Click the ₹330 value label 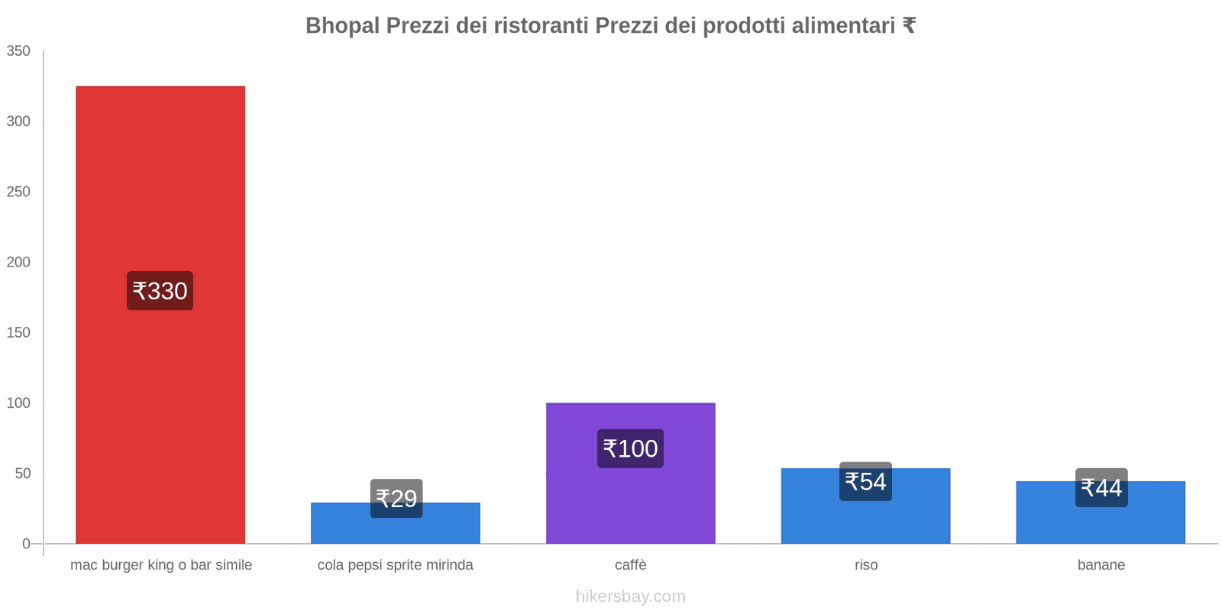tap(160, 291)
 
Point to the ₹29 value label tap(396, 499)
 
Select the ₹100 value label tap(630, 449)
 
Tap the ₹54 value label tap(865, 482)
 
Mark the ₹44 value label tap(1101, 488)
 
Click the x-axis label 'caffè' tap(631, 565)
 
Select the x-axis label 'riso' tap(866, 565)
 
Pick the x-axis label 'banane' tap(1101, 565)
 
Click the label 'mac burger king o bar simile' tap(161, 565)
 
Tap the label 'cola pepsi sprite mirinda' tap(396, 565)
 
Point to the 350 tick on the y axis tap(18, 51)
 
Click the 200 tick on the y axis tap(18, 262)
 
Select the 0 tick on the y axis tap(26, 544)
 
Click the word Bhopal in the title tap(342, 26)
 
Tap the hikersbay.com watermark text tap(631, 596)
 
